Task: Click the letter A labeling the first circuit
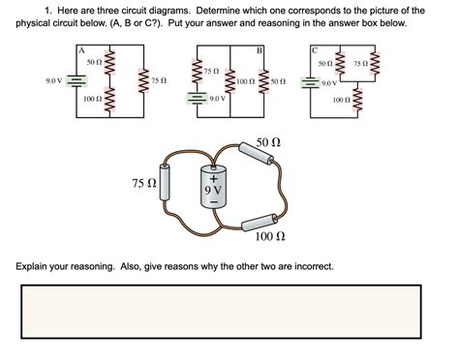point(83,50)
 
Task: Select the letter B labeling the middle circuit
point(260,50)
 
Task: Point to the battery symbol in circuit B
point(198,99)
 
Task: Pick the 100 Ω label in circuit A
point(94,100)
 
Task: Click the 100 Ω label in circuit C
point(340,100)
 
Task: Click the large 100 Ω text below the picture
point(268,236)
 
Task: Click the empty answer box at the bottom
point(229,319)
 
